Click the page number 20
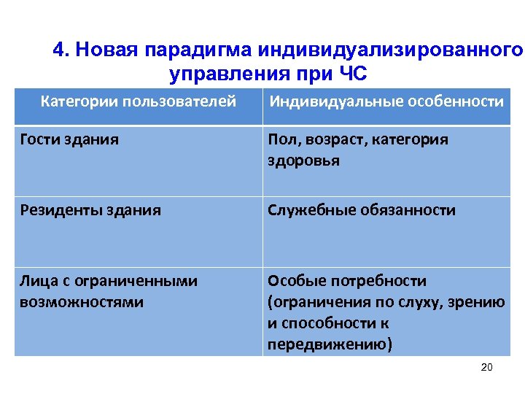point(487,367)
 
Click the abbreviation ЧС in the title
point(351,74)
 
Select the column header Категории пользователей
point(139,101)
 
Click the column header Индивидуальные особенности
point(386,101)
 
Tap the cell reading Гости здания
point(69,139)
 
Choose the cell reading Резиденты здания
point(90,211)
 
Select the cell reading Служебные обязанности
point(362,211)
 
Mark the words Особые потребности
point(347,282)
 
